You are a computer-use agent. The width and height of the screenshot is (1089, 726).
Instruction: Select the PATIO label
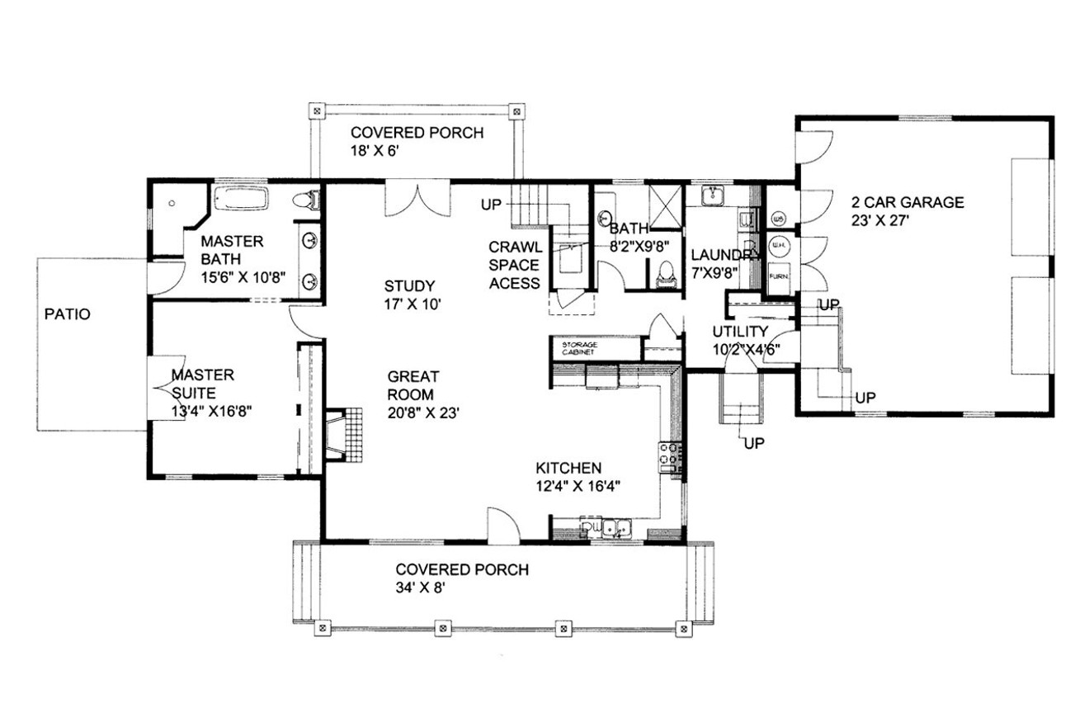click(x=68, y=314)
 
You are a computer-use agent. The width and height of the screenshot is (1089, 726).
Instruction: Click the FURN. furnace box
click(x=777, y=276)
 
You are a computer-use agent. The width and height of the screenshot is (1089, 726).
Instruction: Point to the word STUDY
click(x=408, y=286)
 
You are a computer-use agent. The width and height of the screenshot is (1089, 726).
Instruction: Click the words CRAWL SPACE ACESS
click(x=514, y=265)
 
